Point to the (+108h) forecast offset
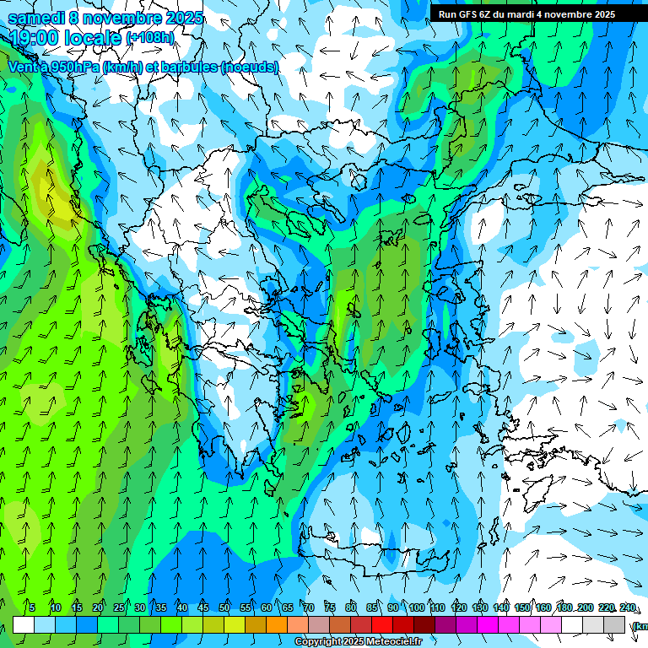[149, 38]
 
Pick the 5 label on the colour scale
[32, 608]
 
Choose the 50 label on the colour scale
[224, 608]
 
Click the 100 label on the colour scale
[416, 608]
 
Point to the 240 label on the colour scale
[628, 608]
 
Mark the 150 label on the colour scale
[522, 608]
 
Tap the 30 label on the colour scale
[139, 608]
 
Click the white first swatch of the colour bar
[24, 624]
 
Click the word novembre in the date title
[127, 18]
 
